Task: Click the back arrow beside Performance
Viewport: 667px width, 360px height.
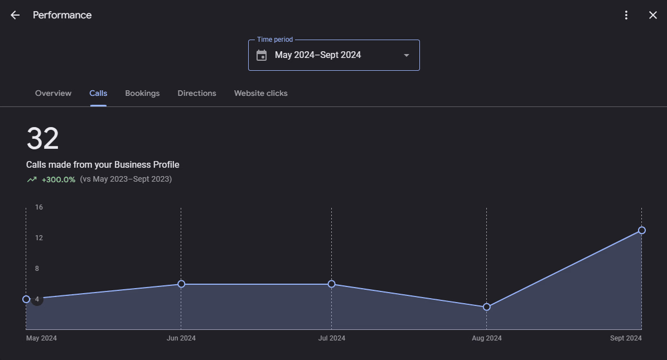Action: click(15, 15)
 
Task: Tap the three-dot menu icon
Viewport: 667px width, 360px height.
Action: click(626, 15)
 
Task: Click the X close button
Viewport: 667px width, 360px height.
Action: click(653, 15)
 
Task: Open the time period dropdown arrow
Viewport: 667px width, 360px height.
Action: click(407, 55)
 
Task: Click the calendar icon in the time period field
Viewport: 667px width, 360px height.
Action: click(262, 55)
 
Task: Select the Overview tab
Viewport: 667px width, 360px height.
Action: click(53, 93)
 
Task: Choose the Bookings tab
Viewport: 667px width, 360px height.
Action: click(142, 93)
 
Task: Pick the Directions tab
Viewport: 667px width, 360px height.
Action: click(197, 93)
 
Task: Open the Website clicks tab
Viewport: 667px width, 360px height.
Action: click(260, 93)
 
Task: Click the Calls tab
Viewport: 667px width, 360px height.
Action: click(98, 93)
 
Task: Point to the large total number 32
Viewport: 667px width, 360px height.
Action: click(42, 138)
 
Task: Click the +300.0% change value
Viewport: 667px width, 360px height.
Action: click(59, 179)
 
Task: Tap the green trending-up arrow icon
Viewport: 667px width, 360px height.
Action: click(32, 179)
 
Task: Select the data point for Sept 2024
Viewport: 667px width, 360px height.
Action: click(642, 230)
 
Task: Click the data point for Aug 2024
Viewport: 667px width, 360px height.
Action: click(487, 307)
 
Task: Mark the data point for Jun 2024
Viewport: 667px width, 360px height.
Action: click(181, 284)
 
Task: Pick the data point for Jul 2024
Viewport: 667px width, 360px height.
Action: click(332, 284)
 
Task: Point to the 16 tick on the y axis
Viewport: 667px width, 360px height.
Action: click(39, 207)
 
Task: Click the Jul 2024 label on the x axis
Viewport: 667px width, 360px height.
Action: click(332, 338)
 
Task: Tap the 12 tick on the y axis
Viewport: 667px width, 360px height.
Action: click(39, 238)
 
